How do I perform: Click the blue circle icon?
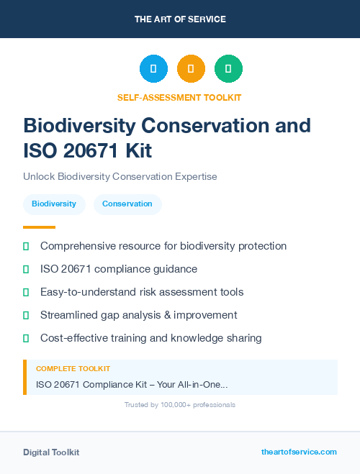point(153,68)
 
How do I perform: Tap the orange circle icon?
point(191,68)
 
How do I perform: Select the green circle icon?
point(228,68)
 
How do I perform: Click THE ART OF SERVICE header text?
point(180,19)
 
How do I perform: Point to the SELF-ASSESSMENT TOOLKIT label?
point(180,97)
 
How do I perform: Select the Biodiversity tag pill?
point(54,204)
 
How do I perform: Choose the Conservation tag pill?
point(127,204)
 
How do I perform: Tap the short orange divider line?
point(39,227)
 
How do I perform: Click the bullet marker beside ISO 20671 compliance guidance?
point(26,270)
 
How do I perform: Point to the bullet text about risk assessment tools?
point(142,292)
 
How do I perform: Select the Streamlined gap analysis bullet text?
point(139,315)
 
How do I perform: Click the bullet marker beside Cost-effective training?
point(26,338)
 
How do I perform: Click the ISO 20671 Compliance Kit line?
point(132,384)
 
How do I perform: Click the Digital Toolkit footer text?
point(51,452)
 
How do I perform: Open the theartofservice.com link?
point(299,452)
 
